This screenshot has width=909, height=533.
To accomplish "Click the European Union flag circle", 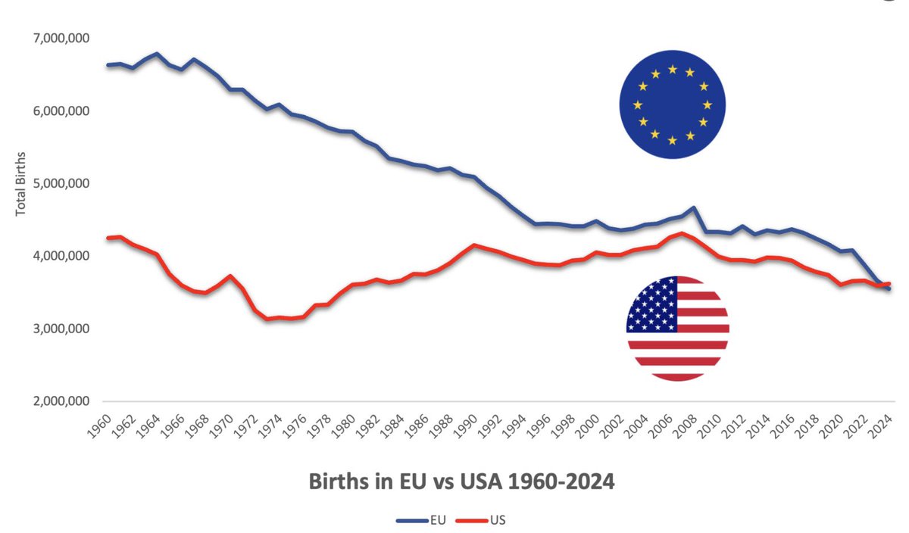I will (672, 105).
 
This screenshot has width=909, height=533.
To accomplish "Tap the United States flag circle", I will (677, 329).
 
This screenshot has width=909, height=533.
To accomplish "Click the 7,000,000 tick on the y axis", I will (59, 38).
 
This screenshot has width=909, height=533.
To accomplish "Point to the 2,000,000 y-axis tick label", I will (59, 401).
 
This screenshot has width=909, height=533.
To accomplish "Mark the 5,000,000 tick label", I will (59, 183).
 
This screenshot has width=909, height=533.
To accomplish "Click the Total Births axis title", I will (21, 183).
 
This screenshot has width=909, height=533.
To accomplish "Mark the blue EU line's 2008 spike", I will (694, 207).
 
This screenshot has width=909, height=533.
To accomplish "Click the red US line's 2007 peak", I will (682, 233).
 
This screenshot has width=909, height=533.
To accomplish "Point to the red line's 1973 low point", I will (267, 319).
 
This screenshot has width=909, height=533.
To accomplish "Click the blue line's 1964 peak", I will (157, 54).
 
